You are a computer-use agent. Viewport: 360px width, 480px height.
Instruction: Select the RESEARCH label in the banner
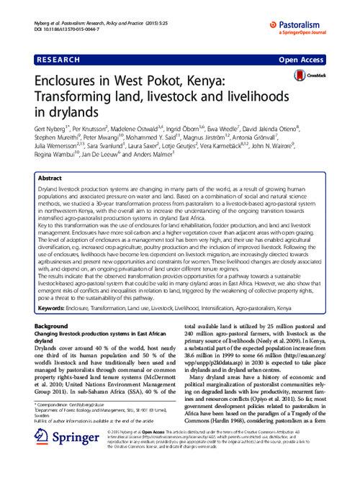point(62,55)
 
